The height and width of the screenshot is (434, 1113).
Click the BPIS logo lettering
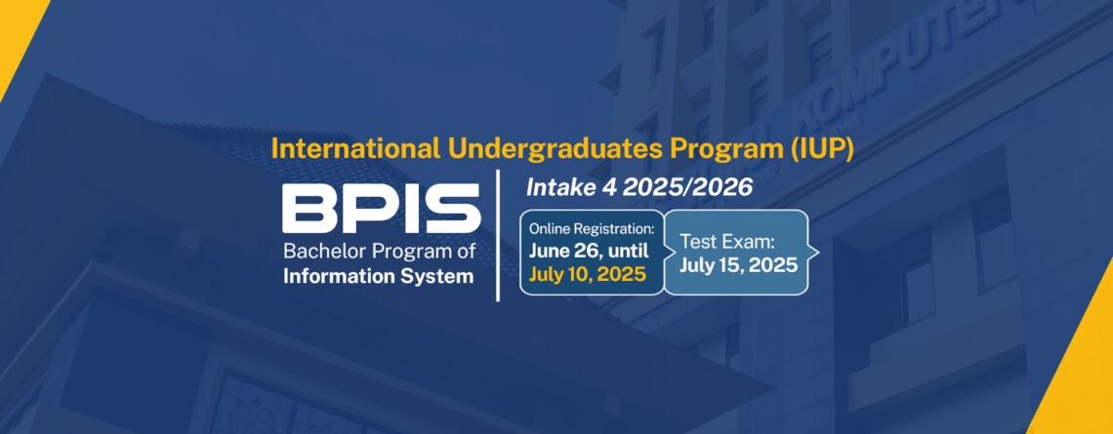point(381,209)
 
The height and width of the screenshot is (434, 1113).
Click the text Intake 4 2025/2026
point(639,188)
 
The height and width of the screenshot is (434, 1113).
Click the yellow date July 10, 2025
point(588,274)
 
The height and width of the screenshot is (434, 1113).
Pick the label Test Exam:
point(726,242)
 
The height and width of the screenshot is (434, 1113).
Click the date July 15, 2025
point(738,265)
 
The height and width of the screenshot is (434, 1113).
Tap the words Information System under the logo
point(379,276)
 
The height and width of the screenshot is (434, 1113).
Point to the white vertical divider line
point(498,235)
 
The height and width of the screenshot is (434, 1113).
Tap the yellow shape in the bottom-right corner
point(1083,369)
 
